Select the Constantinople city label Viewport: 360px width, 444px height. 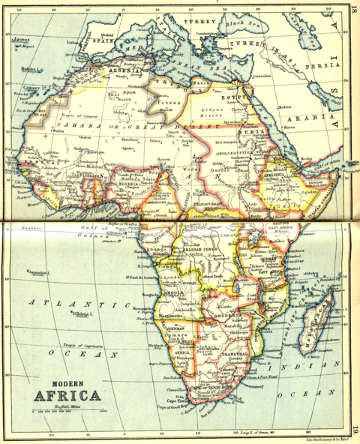click(x=211, y=34)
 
